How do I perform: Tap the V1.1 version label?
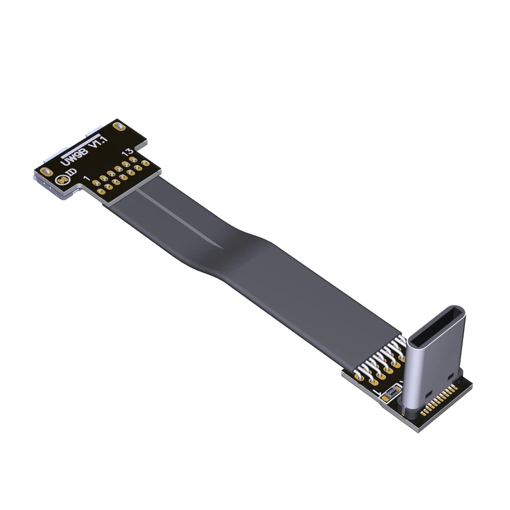(97, 142)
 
